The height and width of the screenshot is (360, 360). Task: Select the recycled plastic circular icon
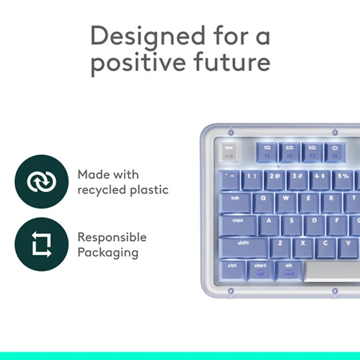(41, 181)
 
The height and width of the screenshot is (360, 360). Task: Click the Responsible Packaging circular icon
(41, 244)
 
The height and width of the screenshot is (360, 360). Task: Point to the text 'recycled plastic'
(123, 190)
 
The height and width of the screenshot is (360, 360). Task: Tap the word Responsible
(112, 238)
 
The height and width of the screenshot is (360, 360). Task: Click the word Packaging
(108, 252)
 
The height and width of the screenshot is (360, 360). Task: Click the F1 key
(267, 152)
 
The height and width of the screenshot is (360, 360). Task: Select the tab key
(235, 202)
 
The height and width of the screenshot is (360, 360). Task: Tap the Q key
(264, 202)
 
